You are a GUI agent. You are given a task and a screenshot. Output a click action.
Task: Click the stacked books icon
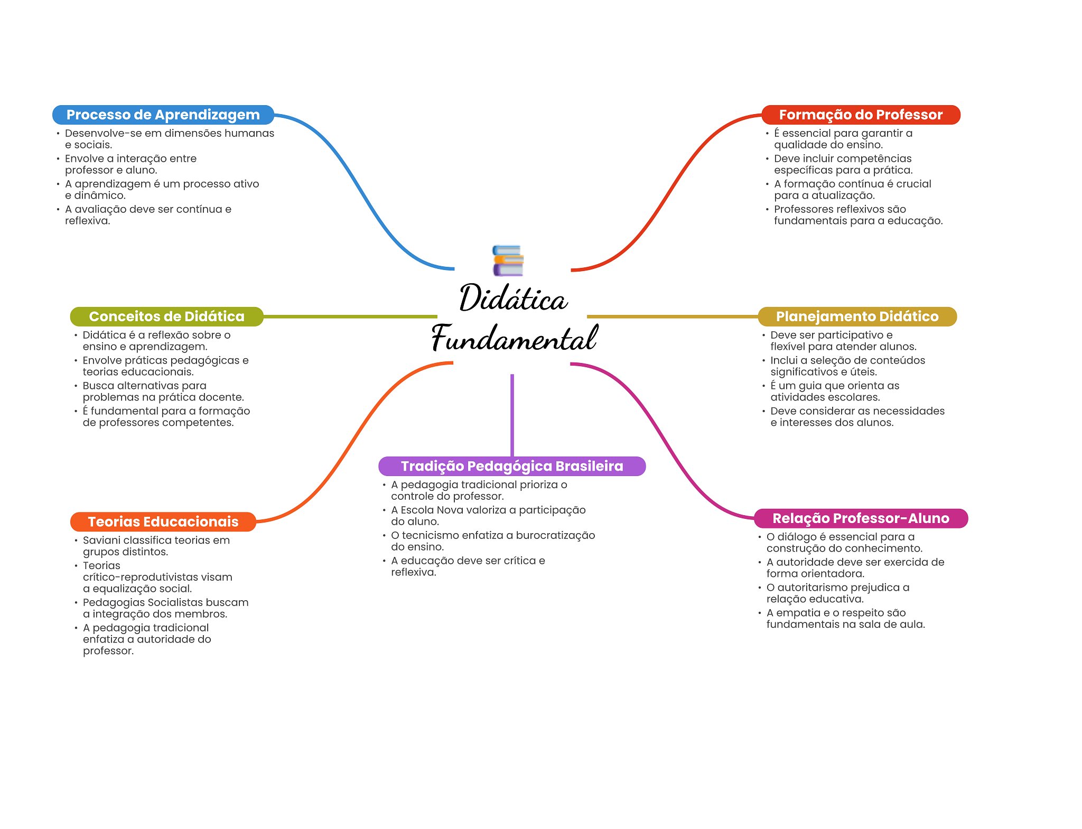(x=508, y=260)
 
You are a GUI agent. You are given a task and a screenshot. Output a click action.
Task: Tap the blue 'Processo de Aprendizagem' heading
(x=163, y=115)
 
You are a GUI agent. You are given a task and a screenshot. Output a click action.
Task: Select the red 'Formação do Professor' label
(x=861, y=115)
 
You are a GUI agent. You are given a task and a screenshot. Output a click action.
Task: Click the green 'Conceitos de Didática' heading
(x=166, y=316)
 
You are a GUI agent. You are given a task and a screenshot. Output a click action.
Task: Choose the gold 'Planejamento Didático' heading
(x=857, y=316)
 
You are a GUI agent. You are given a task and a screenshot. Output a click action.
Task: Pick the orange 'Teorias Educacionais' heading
(x=163, y=521)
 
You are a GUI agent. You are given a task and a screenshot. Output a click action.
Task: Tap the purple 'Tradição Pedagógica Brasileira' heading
(x=512, y=466)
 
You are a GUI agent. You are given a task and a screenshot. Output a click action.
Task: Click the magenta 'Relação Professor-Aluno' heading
(x=861, y=518)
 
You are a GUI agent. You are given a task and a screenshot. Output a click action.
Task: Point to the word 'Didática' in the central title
(x=514, y=297)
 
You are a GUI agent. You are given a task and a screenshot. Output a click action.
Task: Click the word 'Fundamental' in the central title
(x=515, y=338)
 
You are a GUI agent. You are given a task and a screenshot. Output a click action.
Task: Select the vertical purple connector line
(x=512, y=415)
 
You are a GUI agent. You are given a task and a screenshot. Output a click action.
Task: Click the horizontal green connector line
(x=350, y=316)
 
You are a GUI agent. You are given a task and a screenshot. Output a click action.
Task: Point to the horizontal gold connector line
(x=673, y=316)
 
